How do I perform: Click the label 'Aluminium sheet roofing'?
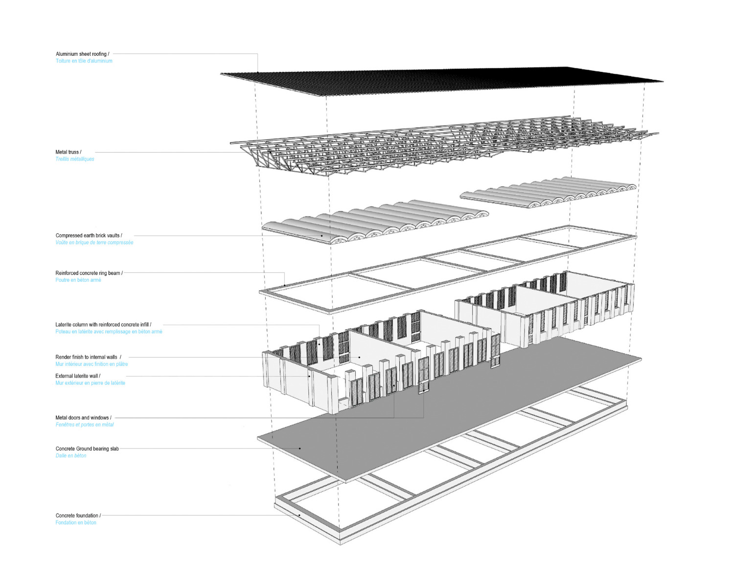(82, 54)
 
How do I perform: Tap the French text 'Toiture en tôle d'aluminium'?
(84, 61)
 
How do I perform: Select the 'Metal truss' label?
(68, 152)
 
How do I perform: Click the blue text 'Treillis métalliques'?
(74, 159)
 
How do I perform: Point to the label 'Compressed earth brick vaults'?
(89, 235)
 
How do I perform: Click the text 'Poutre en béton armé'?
(78, 280)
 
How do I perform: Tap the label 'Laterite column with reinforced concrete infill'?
(103, 324)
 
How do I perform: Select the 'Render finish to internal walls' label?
(87, 357)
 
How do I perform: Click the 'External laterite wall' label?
(78, 376)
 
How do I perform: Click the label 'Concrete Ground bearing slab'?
(87, 449)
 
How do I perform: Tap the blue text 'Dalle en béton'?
(71, 456)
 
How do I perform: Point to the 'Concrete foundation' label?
(78, 516)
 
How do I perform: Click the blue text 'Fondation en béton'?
(76, 523)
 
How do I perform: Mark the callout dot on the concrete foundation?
(299, 515)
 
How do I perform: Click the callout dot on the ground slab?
(300, 449)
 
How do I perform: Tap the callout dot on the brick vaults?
(321, 236)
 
